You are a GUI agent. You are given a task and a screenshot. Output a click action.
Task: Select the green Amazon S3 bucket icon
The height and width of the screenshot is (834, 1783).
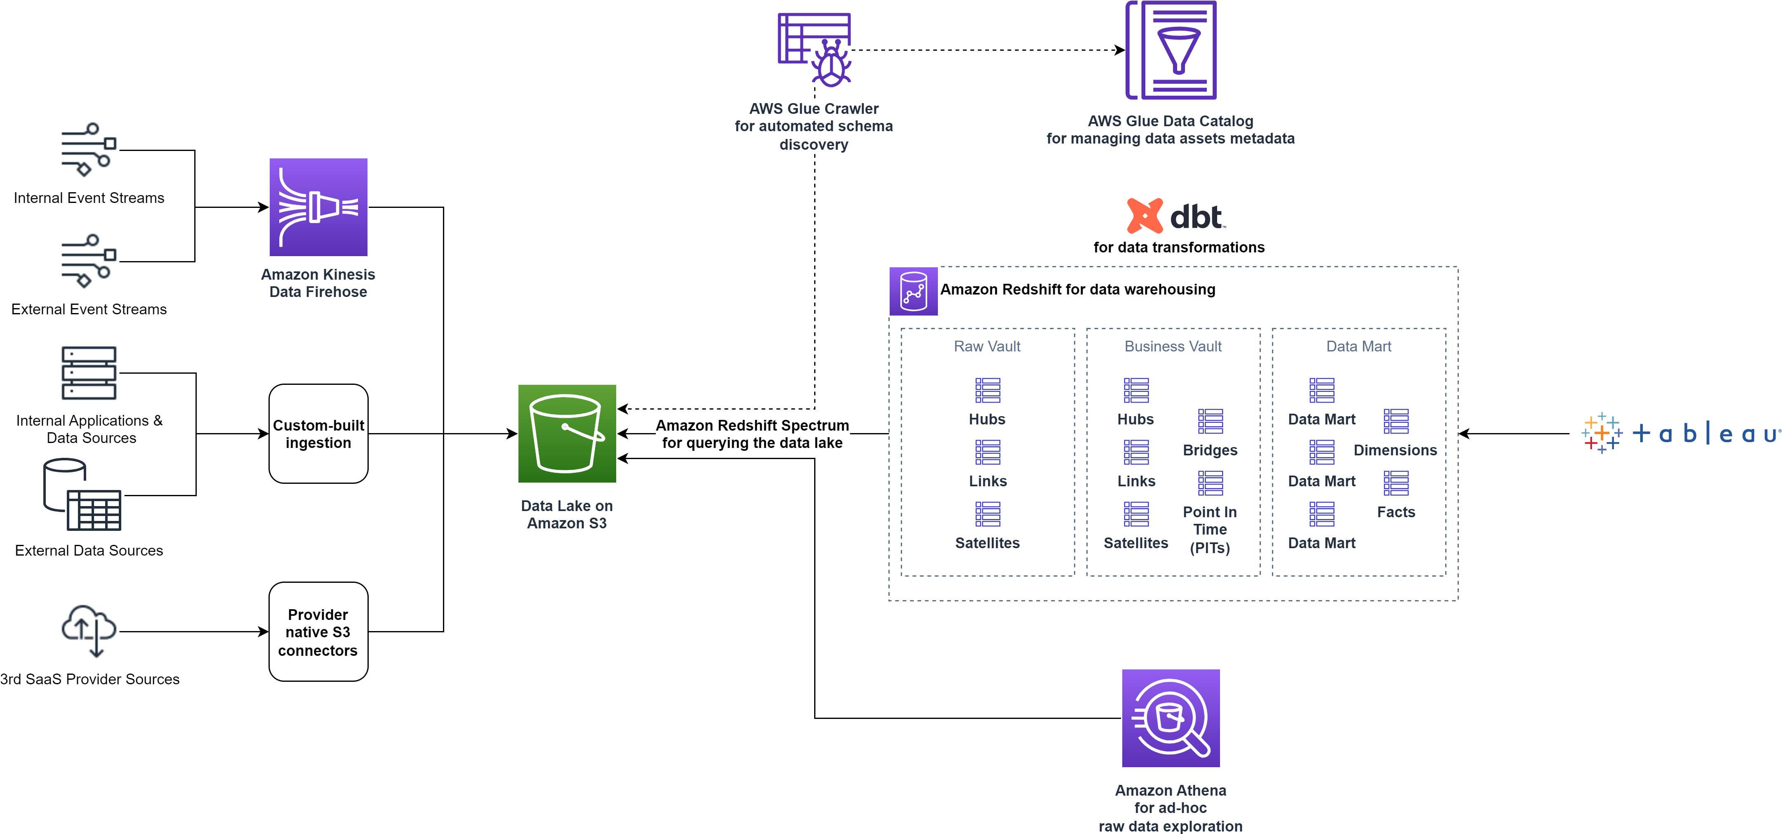[567, 433]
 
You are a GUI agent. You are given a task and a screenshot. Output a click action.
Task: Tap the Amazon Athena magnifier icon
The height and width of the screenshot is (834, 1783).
[1171, 718]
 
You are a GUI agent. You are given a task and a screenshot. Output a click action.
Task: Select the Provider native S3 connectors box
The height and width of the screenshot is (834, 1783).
[318, 631]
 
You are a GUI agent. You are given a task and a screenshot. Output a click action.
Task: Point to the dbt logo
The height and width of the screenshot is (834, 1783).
[1177, 216]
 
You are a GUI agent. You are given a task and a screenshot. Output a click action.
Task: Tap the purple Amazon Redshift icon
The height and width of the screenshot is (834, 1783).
[913, 291]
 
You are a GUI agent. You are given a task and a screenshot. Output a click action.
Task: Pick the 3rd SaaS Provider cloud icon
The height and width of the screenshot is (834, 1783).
[89, 630]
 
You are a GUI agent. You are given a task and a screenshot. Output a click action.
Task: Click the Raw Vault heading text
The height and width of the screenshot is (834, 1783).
[987, 346]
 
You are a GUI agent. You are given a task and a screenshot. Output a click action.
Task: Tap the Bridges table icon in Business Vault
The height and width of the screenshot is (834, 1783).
[1210, 421]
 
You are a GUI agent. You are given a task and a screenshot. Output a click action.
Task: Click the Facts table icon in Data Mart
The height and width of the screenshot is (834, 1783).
[1395, 483]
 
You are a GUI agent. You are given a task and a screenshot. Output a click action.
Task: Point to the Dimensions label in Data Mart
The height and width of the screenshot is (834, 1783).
[1395, 450]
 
